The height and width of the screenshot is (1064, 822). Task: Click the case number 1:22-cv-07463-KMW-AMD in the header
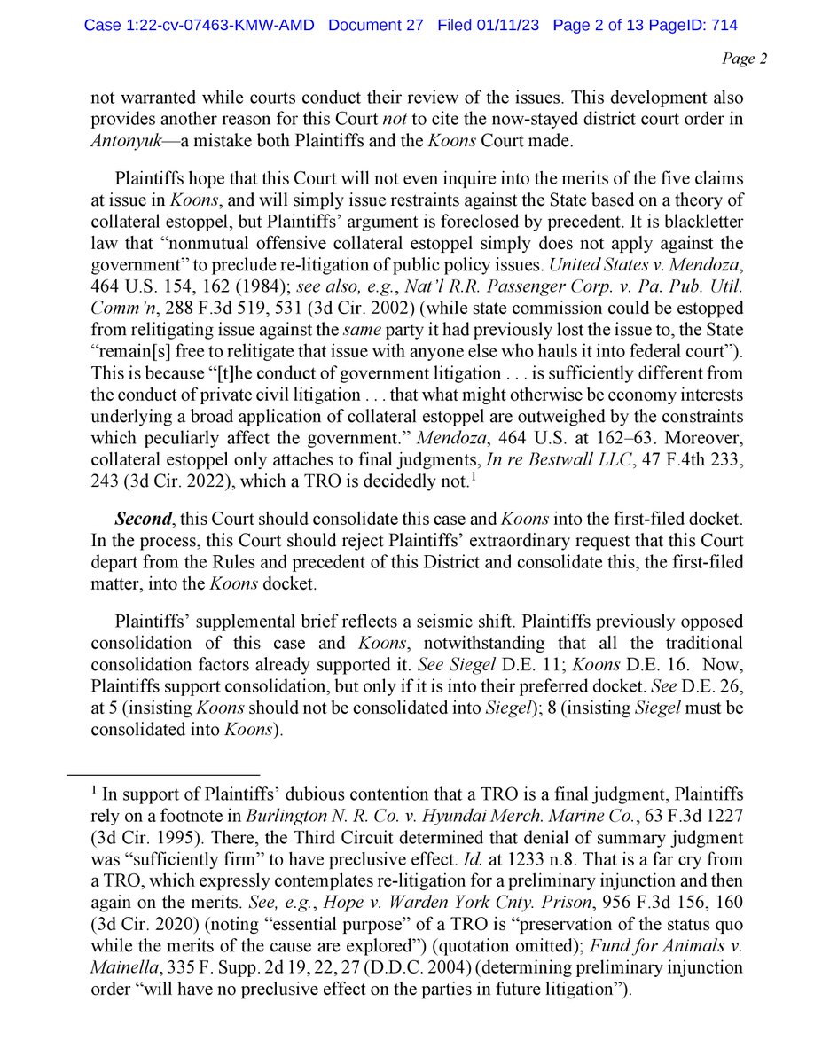click(x=200, y=26)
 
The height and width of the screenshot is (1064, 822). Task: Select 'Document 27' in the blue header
click(x=378, y=26)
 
